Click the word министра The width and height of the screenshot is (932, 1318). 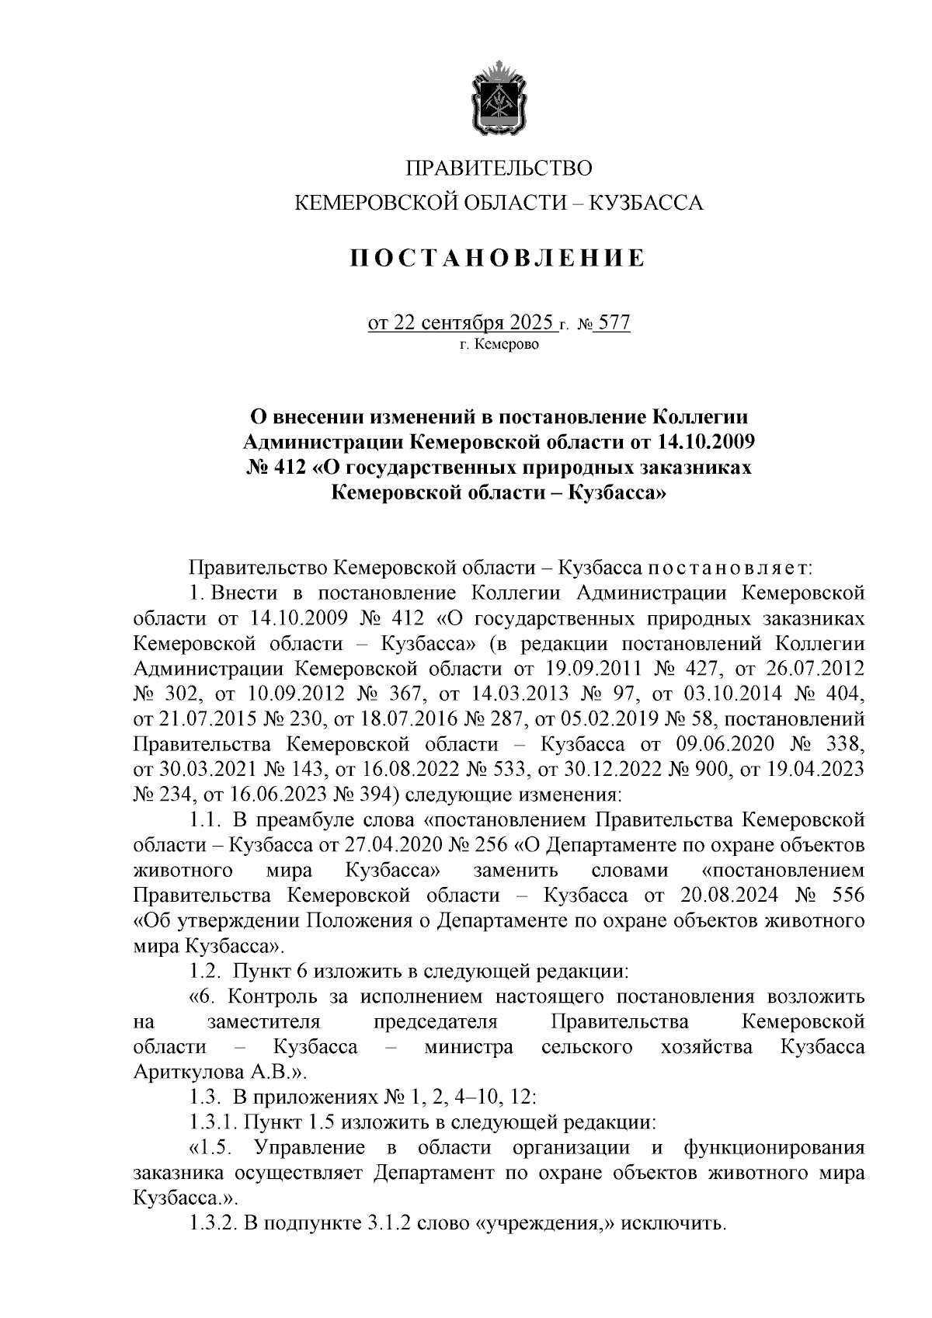pyautogui.click(x=468, y=1047)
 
